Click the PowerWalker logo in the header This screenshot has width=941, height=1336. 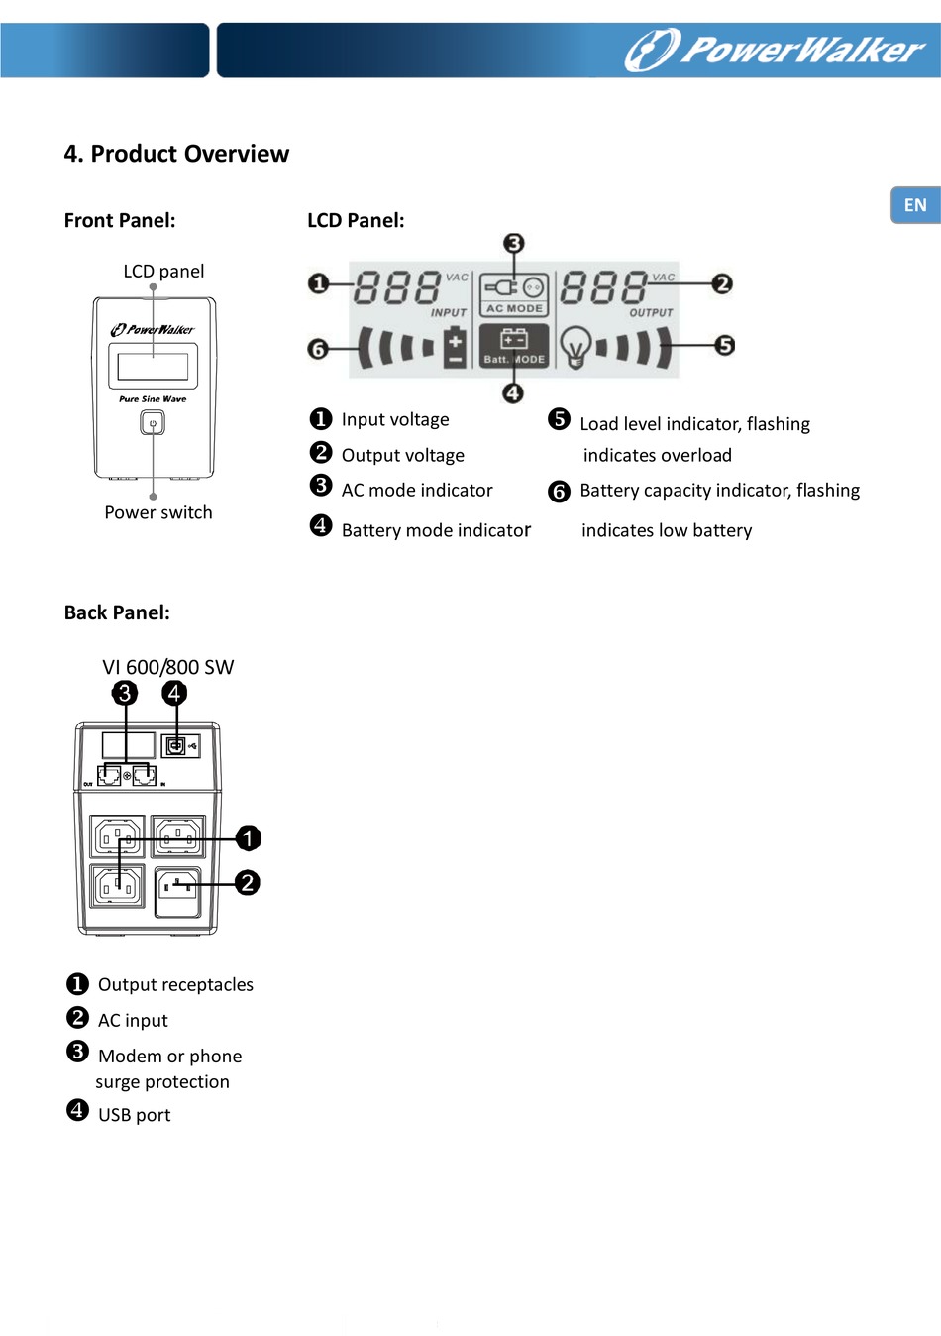(x=775, y=50)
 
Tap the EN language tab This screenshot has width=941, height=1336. (x=915, y=205)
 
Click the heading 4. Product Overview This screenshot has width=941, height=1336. (x=176, y=154)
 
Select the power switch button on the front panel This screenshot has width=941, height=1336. (x=153, y=423)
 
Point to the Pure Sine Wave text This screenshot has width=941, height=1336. (x=153, y=399)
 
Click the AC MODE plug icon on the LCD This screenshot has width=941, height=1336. (x=514, y=287)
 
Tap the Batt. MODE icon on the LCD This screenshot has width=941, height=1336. (x=514, y=346)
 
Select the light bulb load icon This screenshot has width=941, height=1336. (x=575, y=347)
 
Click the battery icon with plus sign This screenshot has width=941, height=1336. (x=455, y=347)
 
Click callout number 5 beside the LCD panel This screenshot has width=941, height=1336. (x=725, y=345)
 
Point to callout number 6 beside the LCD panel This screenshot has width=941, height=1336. (x=318, y=349)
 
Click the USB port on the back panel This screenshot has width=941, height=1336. (x=175, y=745)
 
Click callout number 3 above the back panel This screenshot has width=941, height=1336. (x=125, y=693)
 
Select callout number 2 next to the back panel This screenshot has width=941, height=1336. (x=248, y=882)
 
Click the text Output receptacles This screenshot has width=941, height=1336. (x=175, y=984)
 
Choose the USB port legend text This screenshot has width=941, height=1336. (x=134, y=1115)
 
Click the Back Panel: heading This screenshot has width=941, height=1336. (x=117, y=612)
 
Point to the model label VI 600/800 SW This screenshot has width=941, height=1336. (x=168, y=667)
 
